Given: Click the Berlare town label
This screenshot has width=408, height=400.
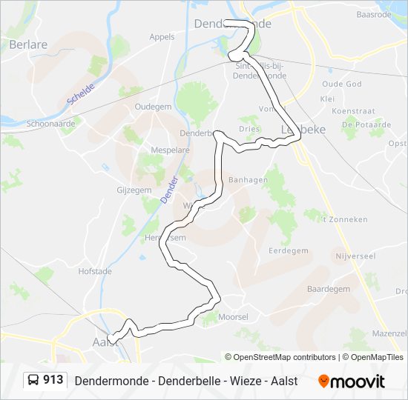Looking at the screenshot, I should click(28, 44).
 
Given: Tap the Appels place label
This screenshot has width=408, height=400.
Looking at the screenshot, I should click(162, 36).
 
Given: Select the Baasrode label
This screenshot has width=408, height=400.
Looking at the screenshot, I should click(373, 14).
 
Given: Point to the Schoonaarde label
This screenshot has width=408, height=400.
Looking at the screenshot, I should click(50, 124).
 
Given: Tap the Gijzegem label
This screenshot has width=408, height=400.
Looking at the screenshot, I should click(134, 190).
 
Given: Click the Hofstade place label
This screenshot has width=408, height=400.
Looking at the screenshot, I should click(94, 271).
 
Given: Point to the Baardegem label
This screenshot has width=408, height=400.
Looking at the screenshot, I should click(328, 289).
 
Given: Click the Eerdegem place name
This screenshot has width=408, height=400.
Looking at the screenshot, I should click(289, 250).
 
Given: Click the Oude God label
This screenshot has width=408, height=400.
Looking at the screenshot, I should click(342, 84).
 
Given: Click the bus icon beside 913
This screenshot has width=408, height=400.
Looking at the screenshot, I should click(33, 381).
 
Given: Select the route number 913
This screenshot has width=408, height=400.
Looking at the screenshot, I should click(53, 380).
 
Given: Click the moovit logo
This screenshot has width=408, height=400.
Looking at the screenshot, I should click(352, 381).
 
